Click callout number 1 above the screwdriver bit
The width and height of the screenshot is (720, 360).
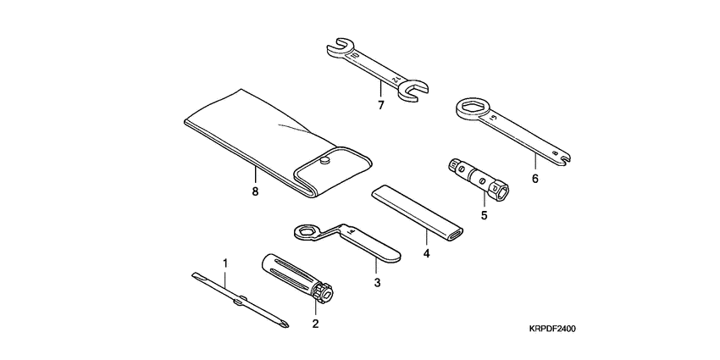pos(225,263)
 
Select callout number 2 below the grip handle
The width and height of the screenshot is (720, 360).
pos(315,323)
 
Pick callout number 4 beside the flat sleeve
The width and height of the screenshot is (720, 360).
pos(426,252)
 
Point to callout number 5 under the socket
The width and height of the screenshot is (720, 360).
pos(485,215)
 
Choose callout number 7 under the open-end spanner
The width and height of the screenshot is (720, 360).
pos(380,105)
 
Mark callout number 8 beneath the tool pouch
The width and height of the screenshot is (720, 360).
pos(254,191)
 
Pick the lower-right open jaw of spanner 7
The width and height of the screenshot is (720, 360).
pos(416,90)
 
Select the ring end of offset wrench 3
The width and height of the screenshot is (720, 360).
pos(304,230)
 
